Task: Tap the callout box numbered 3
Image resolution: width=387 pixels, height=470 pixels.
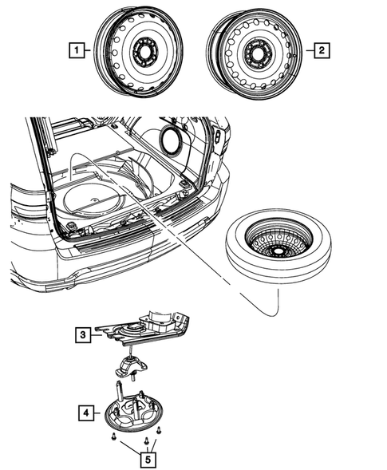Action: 84,336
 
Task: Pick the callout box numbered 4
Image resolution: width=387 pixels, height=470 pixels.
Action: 84,413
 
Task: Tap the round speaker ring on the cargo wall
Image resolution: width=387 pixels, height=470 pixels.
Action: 171,137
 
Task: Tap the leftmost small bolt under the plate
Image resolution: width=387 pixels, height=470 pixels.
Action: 115,436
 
